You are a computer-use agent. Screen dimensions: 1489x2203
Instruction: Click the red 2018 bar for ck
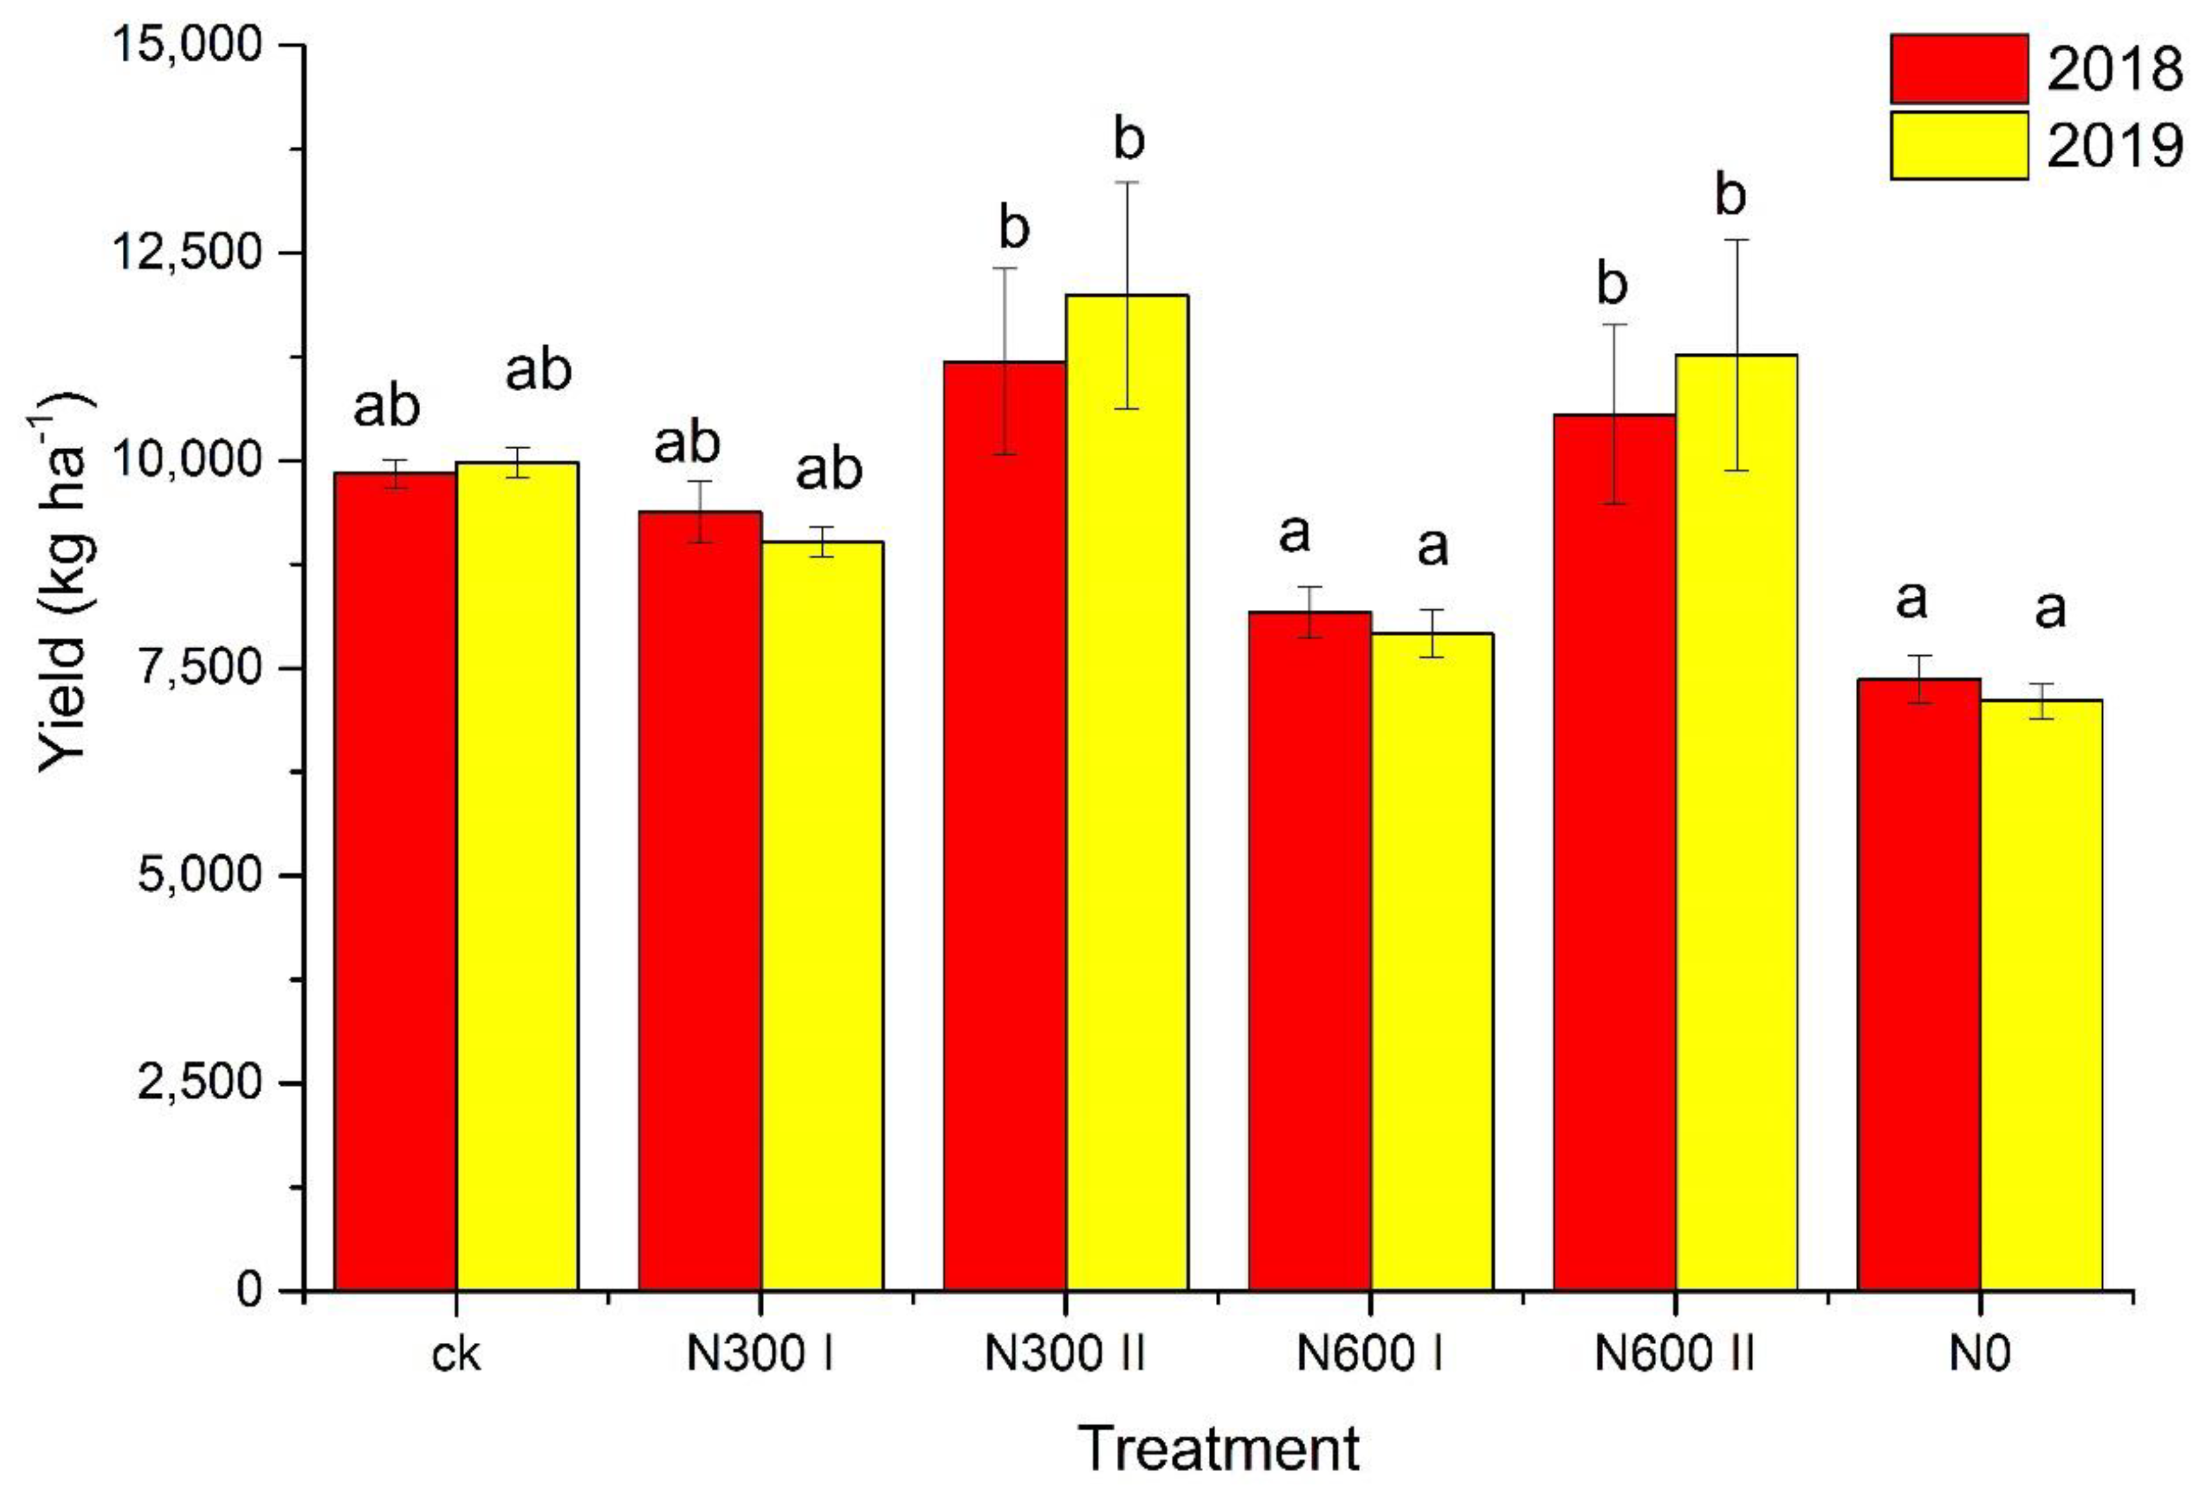click(396, 882)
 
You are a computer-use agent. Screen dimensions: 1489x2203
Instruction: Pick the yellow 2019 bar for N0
click(2041, 995)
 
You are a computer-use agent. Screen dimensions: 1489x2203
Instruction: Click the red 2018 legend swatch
click(1959, 69)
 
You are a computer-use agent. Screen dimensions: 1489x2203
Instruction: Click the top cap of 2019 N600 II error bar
click(1737, 241)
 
